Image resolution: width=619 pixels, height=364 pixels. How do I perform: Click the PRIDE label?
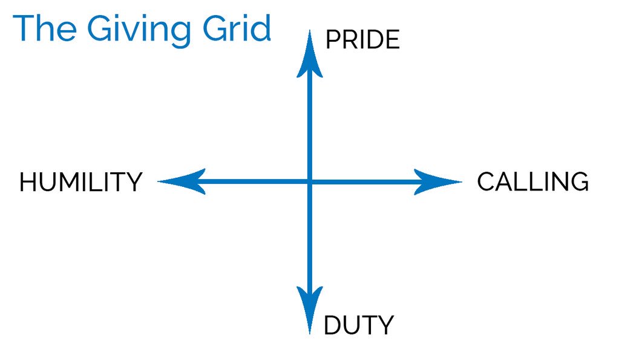[x=362, y=39]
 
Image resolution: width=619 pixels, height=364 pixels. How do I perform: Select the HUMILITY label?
[x=81, y=182]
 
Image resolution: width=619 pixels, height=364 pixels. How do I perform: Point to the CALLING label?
[x=532, y=181]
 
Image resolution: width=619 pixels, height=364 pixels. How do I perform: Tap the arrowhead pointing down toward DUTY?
[x=310, y=310]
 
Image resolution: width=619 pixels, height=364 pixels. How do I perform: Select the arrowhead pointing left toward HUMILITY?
[x=182, y=181]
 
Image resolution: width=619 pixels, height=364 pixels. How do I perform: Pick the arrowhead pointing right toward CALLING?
[x=438, y=182]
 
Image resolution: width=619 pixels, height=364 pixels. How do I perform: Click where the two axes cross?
[x=310, y=182]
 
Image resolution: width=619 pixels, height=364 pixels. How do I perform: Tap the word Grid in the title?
[x=237, y=28]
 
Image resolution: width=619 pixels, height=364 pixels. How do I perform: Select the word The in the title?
[x=45, y=28]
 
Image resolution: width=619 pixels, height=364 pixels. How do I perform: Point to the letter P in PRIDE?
[x=332, y=39]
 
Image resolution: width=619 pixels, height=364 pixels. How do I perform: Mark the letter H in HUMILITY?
[x=28, y=182]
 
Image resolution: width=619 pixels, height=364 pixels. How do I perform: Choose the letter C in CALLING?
[x=486, y=181]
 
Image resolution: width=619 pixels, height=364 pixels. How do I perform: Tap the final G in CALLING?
[x=580, y=181]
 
